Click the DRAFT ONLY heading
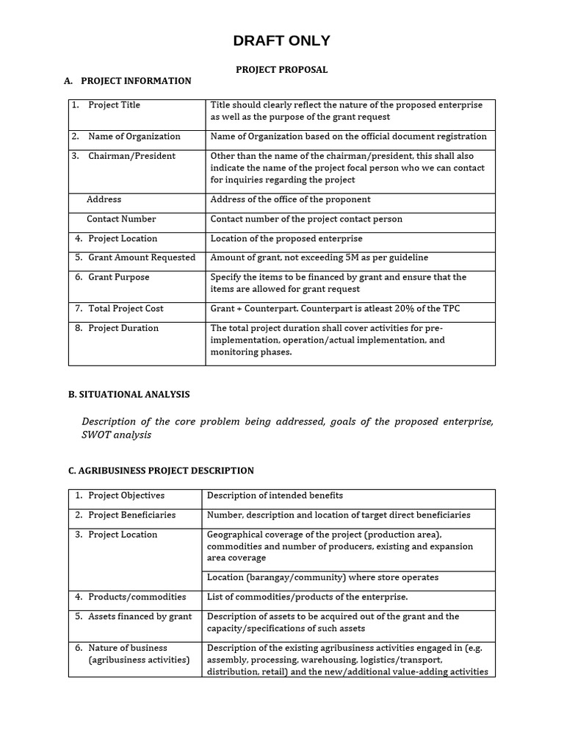pyautogui.click(x=281, y=41)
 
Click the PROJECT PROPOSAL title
pyautogui.click(x=281, y=70)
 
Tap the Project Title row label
pyautogui.click(x=114, y=105)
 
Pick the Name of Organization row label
pyautogui.click(x=134, y=137)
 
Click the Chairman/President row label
pyautogui.click(x=131, y=156)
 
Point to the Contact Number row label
pyautogui.click(x=121, y=219)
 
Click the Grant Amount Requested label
pyautogui.click(x=142, y=258)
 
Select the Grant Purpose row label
pyautogui.click(x=118, y=277)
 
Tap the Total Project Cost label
pyautogui.click(x=126, y=309)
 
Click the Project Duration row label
pyautogui.click(x=123, y=329)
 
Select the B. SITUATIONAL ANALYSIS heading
pyautogui.click(x=129, y=395)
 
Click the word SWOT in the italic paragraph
pyautogui.click(x=96, y=435)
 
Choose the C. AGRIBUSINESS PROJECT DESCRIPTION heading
pyautogui.click(x=161, y=471)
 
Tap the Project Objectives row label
pyautogui.click(x=126, y=496)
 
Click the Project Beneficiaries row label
pyautogui.click(x=132, y=515)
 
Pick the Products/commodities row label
pyautogui.click(x=137, y=597)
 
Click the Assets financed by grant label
pyautogui.click(x=140, y=617)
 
